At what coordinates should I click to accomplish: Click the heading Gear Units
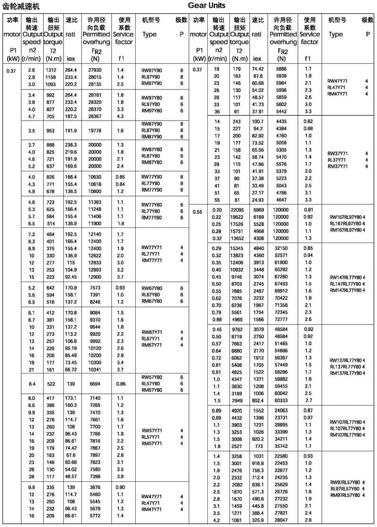[206, 6]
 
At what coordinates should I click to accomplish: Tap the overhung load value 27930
[96, 70]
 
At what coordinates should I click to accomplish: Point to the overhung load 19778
[96, 130]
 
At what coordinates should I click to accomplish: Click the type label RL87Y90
[152, 130]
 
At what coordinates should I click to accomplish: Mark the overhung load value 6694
[96, 384]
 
